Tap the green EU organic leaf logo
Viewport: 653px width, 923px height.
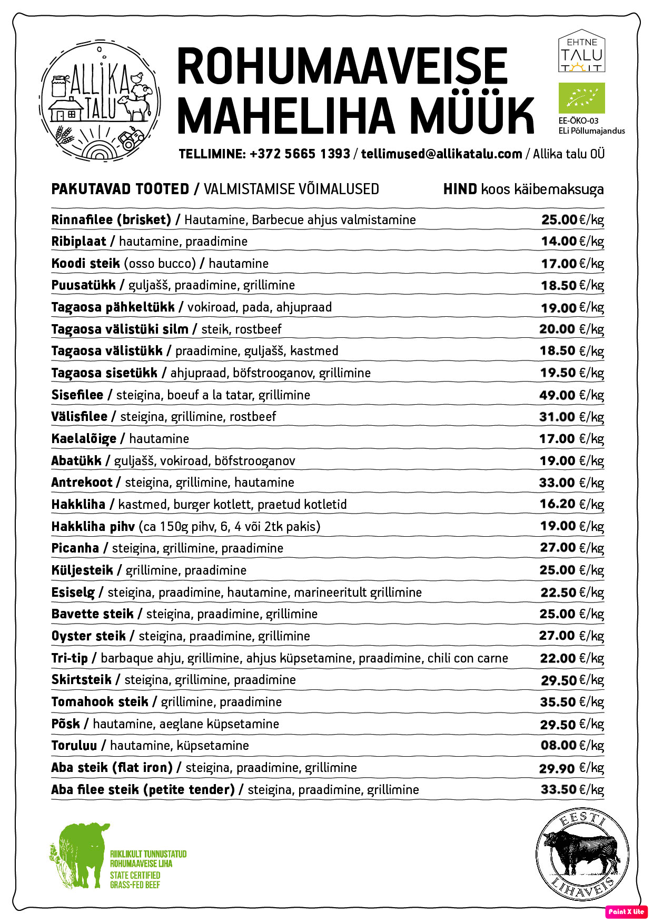pyautogui.click(x=581, y=98)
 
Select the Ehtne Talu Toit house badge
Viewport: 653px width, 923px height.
pyautogui.click(x=581, y=51)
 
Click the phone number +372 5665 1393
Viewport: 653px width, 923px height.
pyautogui.click(x=300, y=154)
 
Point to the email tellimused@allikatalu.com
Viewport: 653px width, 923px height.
pyautogui.click(x=441, y=154)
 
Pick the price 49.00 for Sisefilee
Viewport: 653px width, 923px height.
pyautogui.click(x=557, y=395)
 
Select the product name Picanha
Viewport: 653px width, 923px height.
pyautogui.click(x=75, y=548)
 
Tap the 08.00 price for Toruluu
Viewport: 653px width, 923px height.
pyautogui.click(x=558, y=745)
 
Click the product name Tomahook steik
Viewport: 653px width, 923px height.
pyautogui.click(x=100, y=701)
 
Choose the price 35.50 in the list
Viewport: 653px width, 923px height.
pyautogui.click(x=558, y=701)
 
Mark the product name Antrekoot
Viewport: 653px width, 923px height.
pyautogui.click(x=82, y=482)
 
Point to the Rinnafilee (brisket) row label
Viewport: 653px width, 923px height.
pyautogui.click(x=111, y=219)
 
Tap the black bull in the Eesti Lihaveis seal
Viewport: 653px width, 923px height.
pyautogui.click(x=581, y=852)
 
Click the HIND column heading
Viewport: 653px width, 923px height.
pyautogui.click(x=460, y=189)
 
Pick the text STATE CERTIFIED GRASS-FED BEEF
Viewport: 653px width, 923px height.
pyautogui.click(x=135, y=880)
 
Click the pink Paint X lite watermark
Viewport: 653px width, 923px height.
pyautogui.click(x=626, y=911)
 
